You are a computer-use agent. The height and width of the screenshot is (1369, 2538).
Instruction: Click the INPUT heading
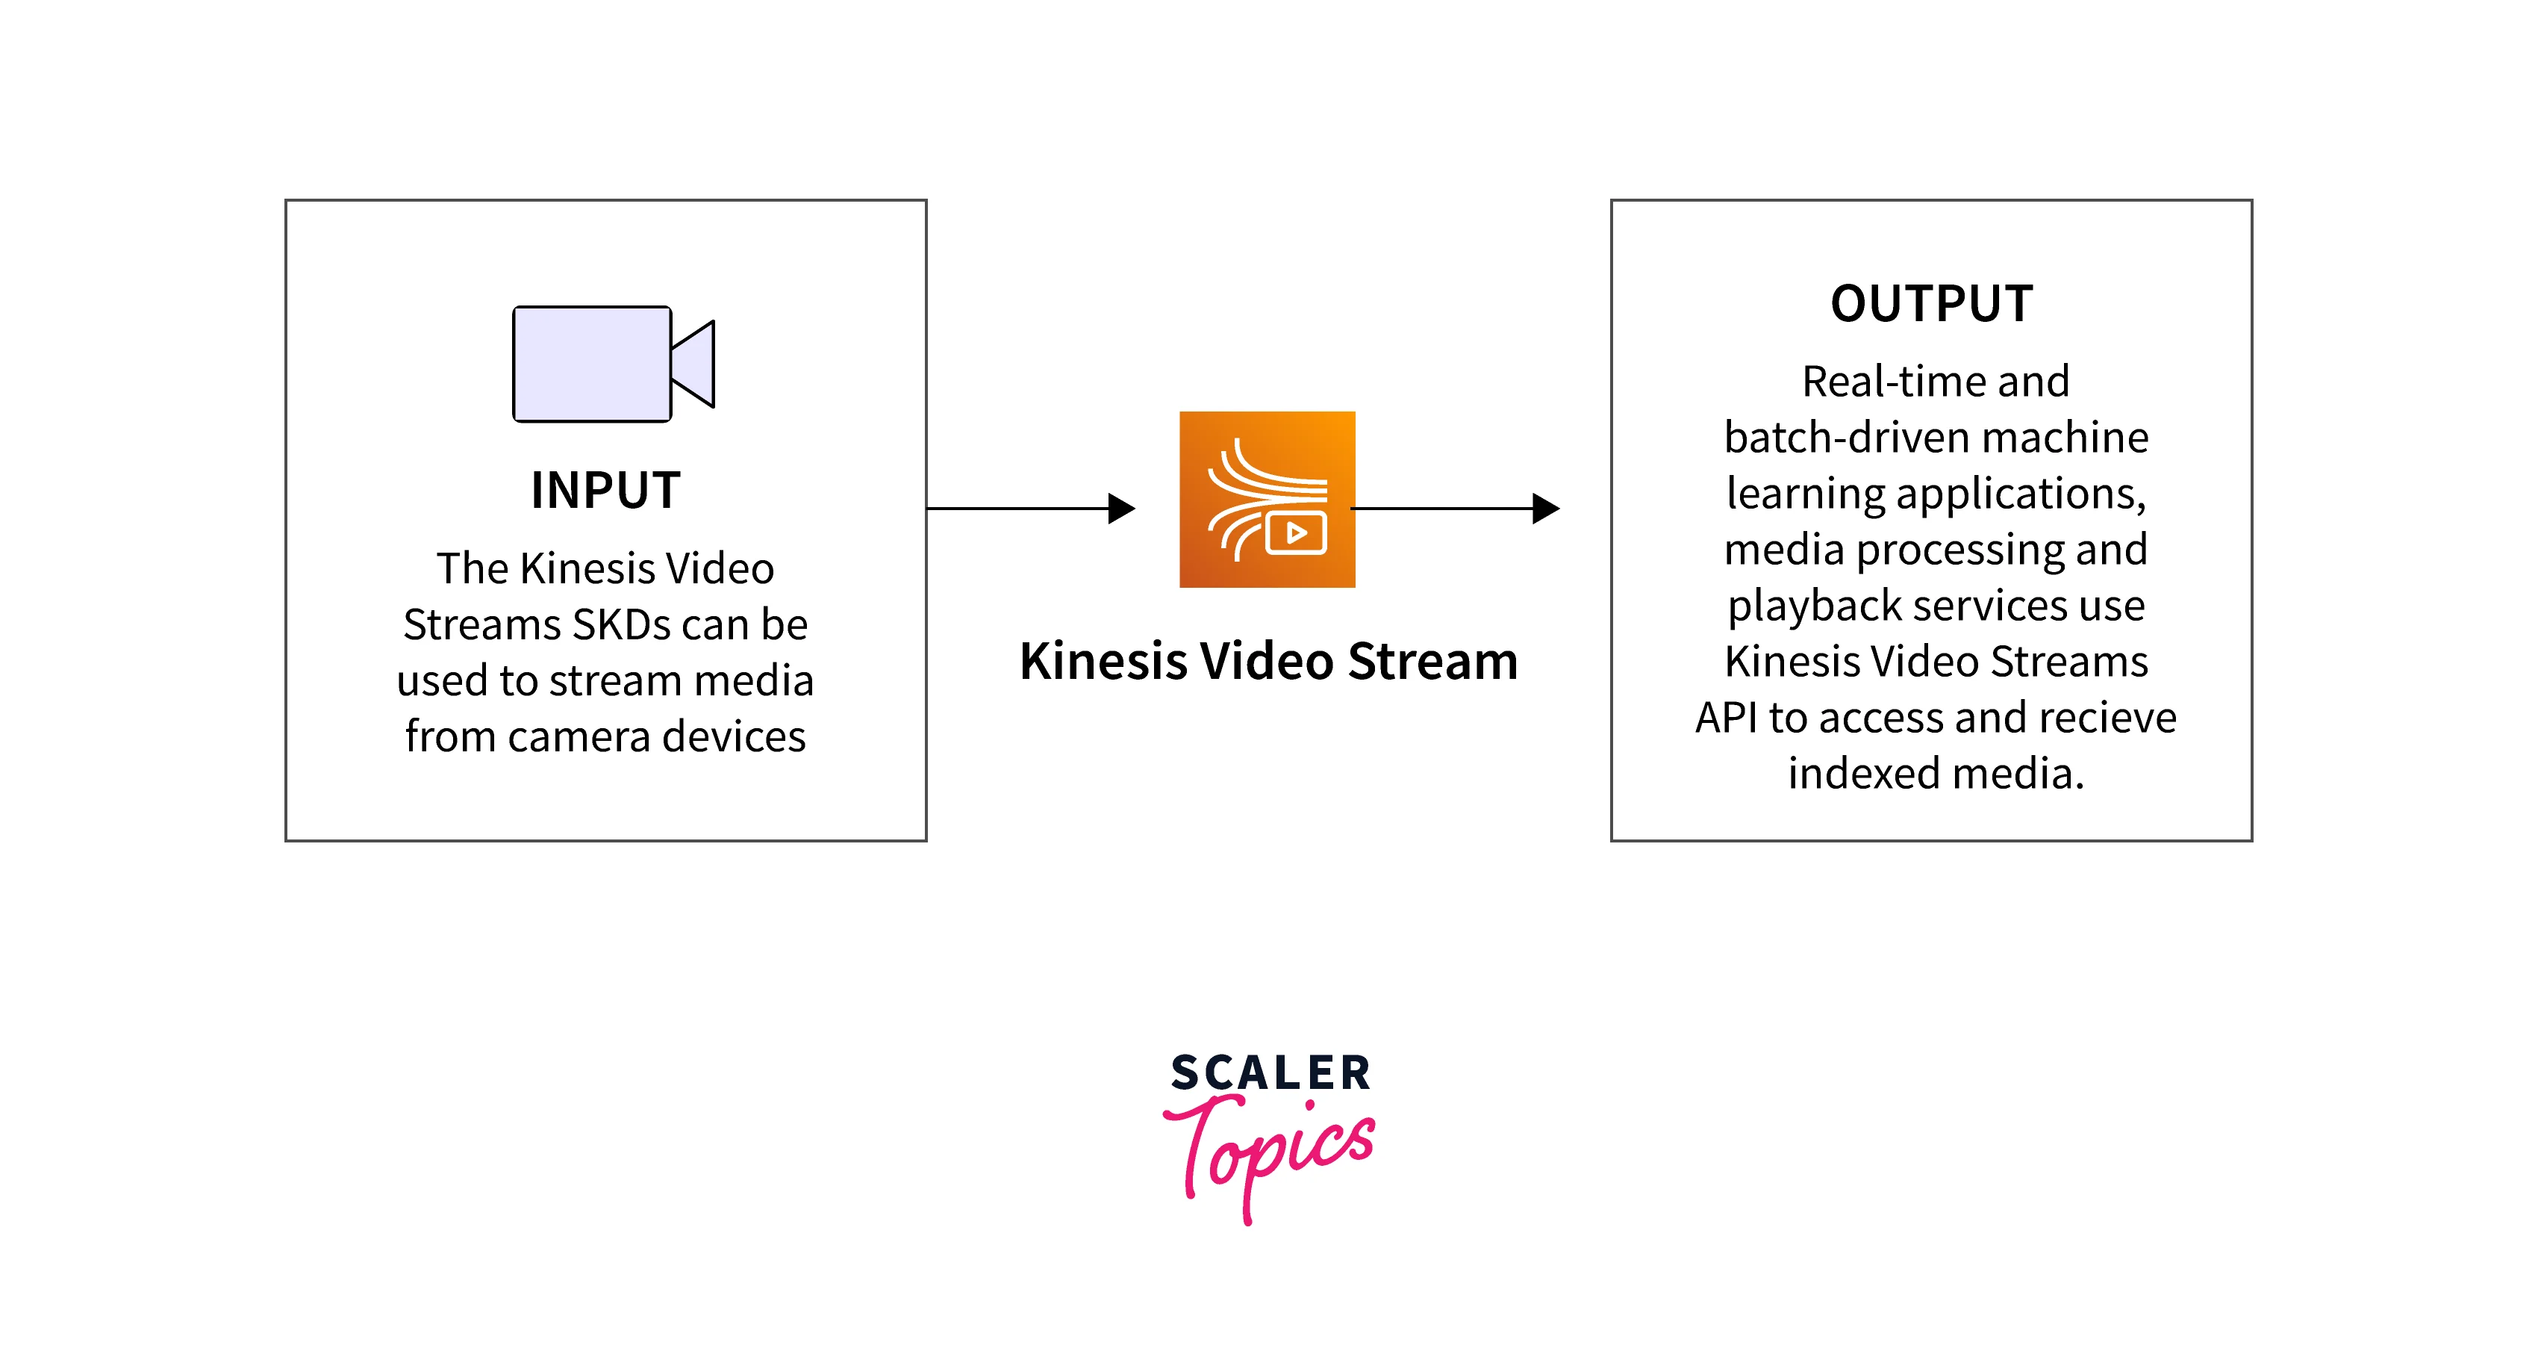pyautogui.click(x=605, y=491)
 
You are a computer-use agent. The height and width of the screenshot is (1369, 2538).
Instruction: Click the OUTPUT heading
pyautogui.click(x=1931, y=303)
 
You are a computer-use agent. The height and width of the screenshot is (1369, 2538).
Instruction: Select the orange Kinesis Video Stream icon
pyautogui.click(x=1267, y=499)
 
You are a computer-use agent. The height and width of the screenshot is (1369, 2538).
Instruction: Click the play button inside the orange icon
pyautogui.click(x=1297, y=533)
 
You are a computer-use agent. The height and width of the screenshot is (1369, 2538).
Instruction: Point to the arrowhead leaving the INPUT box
pyautogui.click(x=1121, y=509)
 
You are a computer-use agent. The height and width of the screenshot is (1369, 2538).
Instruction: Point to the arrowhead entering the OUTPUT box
pyautogui.click(x=1546, y=509)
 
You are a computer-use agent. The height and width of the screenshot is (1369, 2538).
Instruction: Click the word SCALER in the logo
pyautogui.click(x=1270, y=1072)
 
